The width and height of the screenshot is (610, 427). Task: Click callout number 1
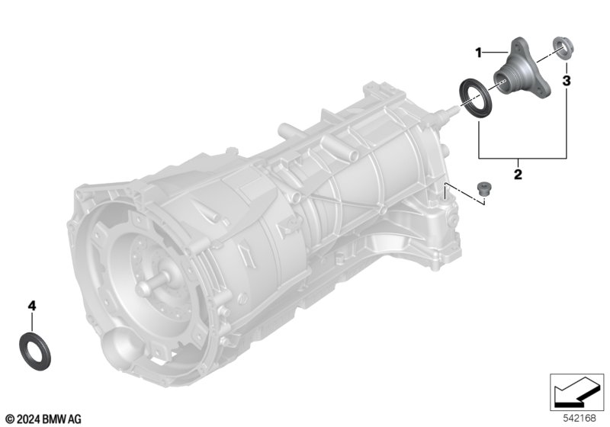(479, 53)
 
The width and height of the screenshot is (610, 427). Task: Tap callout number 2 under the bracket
(518, 174)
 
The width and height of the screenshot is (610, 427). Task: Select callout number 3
(567, 81)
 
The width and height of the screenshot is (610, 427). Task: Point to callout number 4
(32, 306)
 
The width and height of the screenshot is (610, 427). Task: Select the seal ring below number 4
(34, 352)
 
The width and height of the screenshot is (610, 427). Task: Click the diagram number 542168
(579, 418)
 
